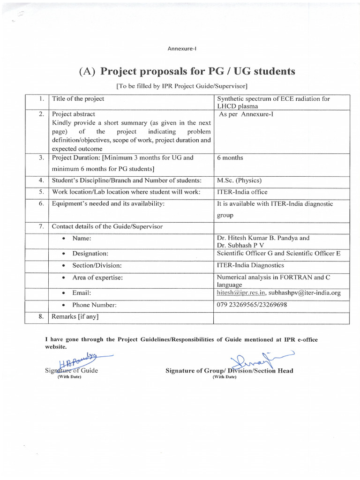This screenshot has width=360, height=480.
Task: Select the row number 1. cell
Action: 41,99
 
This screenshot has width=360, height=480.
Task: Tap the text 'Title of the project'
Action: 78,99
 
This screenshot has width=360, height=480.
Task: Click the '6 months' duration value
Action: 230,158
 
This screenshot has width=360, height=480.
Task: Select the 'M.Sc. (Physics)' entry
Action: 239,180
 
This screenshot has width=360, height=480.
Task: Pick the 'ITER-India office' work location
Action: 242,192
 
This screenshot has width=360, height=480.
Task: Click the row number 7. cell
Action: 41,226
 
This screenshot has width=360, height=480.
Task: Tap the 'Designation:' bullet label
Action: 90,254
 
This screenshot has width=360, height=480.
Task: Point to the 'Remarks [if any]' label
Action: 75,316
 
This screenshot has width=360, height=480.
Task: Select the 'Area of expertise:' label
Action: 97,278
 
